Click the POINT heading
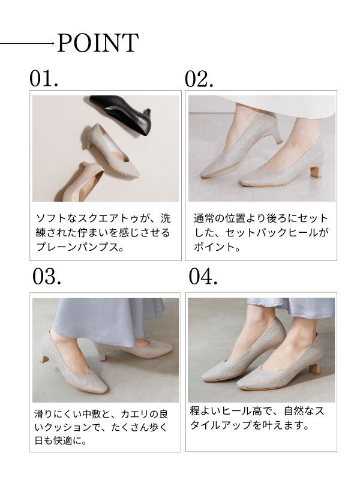pyautogui.click(x=98, y=43)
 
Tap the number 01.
pyautogui.click(x=44, y=79)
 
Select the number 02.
pyautogui.click(x=199, y=79)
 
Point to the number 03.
pyautogui.click(x=47, y=277)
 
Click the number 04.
pyautogui.click(x=203, y=277)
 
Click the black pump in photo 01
pyautogui.click(x=121, y=113)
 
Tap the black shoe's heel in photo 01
pyautogui.click(x=147, y=122)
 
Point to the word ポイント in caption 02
pyautogui.click(x=214, y=247)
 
